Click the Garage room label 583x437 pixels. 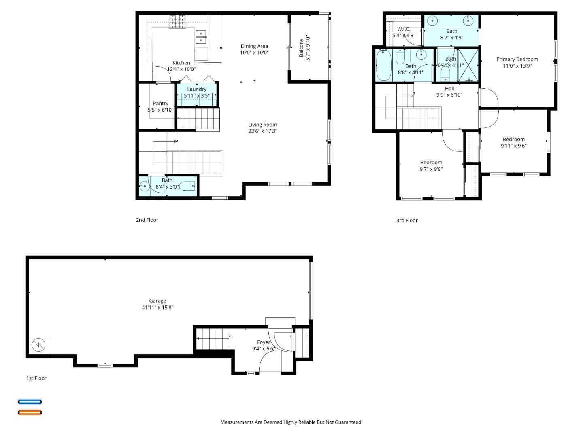[x=157, y=301]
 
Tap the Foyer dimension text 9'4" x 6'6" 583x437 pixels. [x=264, y=349]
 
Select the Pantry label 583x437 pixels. [x=161, y=104]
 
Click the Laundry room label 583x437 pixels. [x=197, y=89]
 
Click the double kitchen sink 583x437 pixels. [x=201, y=36]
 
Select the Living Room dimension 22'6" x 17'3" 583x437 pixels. [x=263, y=131]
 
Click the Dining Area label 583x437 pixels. [x=254, y=46]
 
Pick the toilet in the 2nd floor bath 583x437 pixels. [x=187, y=187]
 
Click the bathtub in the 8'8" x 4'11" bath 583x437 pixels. [x=383, y=65]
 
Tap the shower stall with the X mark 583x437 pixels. [x=468, y=65]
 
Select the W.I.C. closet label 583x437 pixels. [x=404, y=29]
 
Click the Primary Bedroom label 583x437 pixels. [x=517, y=59]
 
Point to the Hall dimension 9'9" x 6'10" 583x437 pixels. [x=449, y=95]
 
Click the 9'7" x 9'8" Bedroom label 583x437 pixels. [x=431, y=163]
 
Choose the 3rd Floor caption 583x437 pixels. [x=407, y=221]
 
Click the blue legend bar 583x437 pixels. [x=30, y=402]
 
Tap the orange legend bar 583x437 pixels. [x=30, y=413]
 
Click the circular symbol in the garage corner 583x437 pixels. [x=39, y=345]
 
